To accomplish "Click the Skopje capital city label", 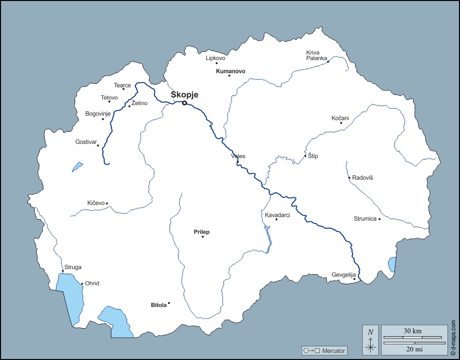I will [x=185, y=94].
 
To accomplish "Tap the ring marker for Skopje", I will [x=185, y=103].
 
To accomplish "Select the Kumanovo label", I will [x=231, y=71].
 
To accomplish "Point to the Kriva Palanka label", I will [x=317, y=55].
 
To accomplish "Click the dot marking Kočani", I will [x=341, y=123].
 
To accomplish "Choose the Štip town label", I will [x=313, y=156].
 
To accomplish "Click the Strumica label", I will [x=365, y=219].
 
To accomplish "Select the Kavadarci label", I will [x=277, y=215].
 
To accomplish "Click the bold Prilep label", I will [x=202, y=232].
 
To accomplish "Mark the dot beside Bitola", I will [x=169, y=303].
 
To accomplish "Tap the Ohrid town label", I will [x=92, y=283].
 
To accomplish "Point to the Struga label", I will [x=73, y=267].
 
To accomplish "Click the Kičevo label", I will [x=96, y=203].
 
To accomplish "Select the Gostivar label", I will [x=86, y=142].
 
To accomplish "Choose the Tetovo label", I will [x=109, y=97].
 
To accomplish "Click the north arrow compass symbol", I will [x=371, y=340].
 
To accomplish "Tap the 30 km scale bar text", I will [x=413, y=331].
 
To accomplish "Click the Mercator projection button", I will [x=324, y=350].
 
